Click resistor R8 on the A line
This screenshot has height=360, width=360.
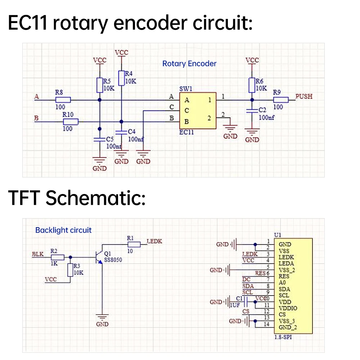click(x=63, y=100)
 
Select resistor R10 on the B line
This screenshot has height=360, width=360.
click(x=71, y=121)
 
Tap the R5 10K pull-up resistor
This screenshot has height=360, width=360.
click(x=100, y=85)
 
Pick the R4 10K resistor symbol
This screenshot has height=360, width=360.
click(x=121, y=77)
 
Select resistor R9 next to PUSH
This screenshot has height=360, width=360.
click(x=281, y=100)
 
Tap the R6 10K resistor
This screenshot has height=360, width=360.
click(x=252, y=85)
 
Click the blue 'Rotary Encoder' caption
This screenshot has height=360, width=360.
click(x=189, y=64)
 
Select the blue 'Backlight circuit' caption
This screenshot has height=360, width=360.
click(x=63, y=230)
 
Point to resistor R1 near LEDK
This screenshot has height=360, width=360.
click(x=134, y=244)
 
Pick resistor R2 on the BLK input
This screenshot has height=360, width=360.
click(x=57, y=257)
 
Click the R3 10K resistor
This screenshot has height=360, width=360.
click(x=70, y=270)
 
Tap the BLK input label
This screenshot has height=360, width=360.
click(x=38, y=254)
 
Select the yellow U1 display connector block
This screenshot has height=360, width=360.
click(x=293, y=286)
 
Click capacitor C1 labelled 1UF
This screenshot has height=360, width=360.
click(x=243, y=302)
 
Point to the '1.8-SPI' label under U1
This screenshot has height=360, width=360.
click(x=283, y=337)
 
